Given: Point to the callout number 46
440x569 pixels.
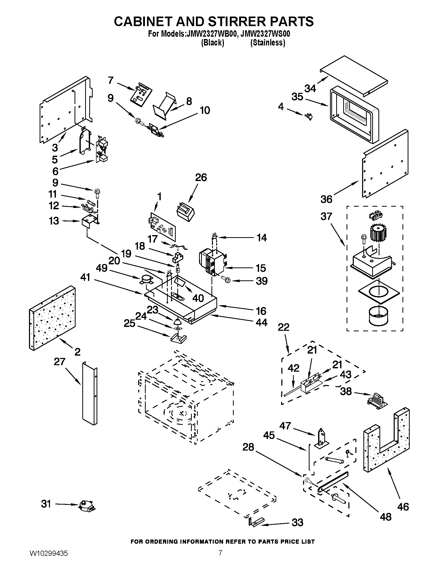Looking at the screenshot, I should tap(403, 507).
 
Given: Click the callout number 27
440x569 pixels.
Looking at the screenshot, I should tap(59, 362).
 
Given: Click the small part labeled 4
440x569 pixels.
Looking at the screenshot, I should tap(309, 116).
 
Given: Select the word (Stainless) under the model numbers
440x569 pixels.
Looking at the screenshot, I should tap(268, 43).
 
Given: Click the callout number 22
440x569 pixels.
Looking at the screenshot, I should tap(283, 327).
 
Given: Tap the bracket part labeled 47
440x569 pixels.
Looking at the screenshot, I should tap(322, 438).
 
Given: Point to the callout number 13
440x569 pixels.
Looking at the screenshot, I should tap(54, 221).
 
